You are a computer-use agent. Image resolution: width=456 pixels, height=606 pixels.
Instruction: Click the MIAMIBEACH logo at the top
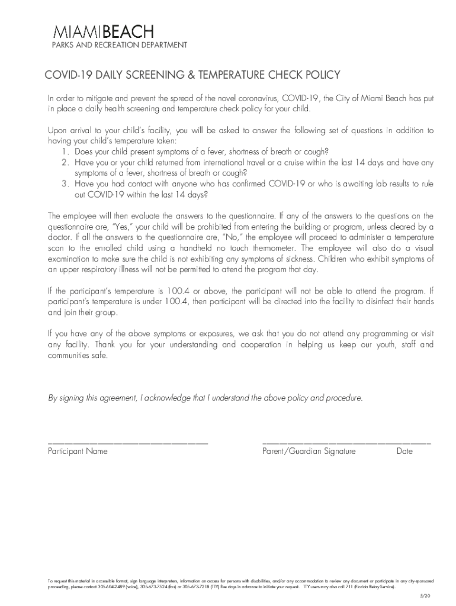(x=104, y=32)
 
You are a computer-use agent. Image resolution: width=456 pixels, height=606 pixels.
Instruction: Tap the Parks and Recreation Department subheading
(x=111, y=46)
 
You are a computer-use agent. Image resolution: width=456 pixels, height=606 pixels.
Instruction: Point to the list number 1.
(x=65, y=151)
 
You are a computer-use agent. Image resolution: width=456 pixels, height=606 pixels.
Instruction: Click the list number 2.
(x=65, y=162)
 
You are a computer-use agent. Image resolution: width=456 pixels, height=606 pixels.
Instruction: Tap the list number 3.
(x=65, y=184)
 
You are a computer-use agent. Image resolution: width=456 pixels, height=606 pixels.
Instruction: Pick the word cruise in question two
(x=307, y=162)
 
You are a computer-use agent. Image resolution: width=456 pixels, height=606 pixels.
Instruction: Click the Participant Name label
(x=78, y=452)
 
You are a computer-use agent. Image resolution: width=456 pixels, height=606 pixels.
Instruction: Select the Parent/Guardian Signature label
(x=309, y=452)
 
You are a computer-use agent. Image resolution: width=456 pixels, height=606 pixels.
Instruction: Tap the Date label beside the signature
(x=404, y=452)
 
